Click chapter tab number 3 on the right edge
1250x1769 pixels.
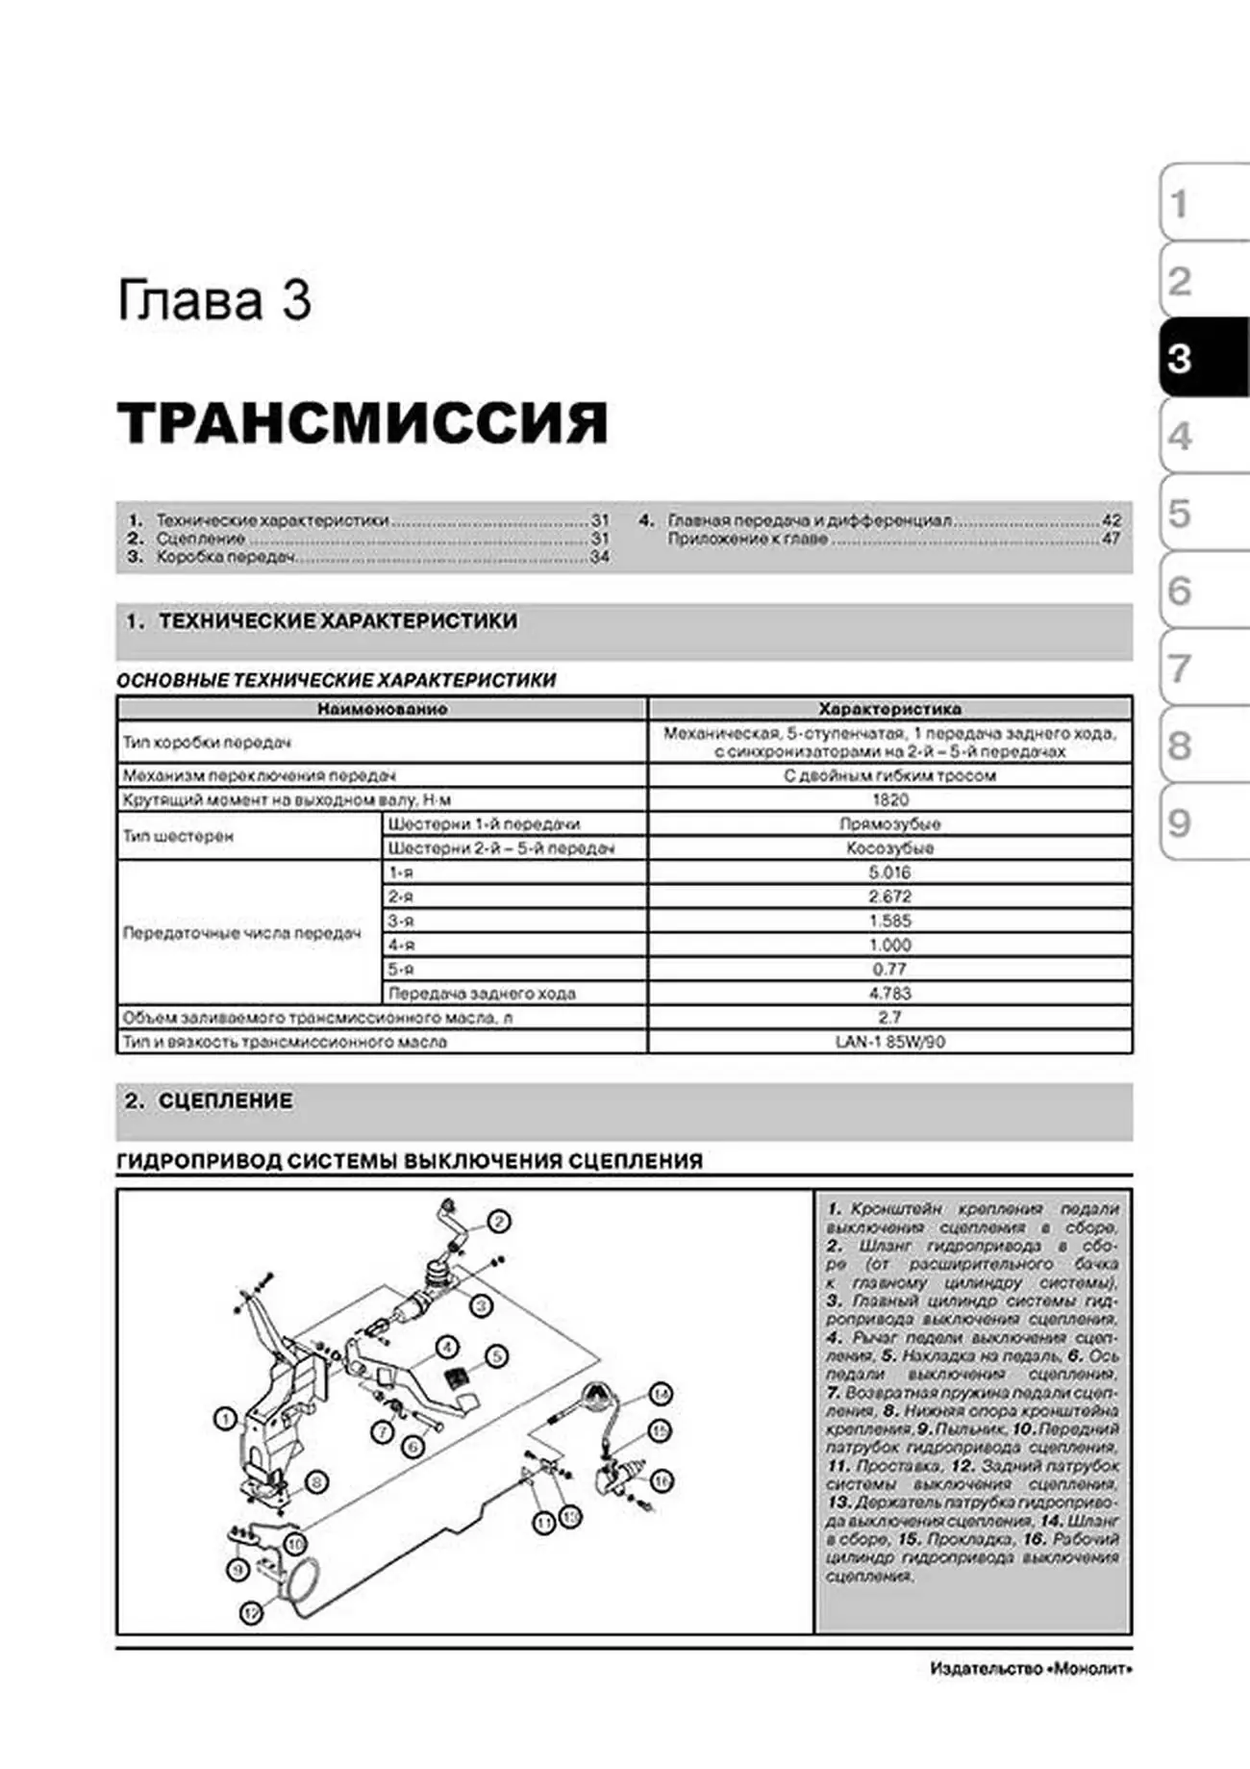(1181, 359)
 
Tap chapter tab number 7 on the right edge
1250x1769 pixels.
(1180, 668)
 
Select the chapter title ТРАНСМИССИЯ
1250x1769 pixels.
(362, 422)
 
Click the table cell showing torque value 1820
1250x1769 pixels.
(889, 799)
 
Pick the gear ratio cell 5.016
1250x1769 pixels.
(889, 872)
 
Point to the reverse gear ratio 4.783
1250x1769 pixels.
(889, 993)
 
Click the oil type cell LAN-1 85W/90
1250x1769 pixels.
(889, 1042)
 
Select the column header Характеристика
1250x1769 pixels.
(889, 709)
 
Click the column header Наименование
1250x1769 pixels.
(382, 709)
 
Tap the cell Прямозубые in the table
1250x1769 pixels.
(889, 824)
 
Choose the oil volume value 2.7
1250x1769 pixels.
(889, 1017)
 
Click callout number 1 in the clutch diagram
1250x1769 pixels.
(225, 1419)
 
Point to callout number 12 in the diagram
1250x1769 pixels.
(251, 1613)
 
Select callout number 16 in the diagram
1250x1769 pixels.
(662, 1480)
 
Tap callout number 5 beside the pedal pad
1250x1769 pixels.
(496, 1356)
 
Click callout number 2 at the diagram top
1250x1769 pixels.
(498, 1222)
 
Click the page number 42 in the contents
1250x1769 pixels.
(1111, 520)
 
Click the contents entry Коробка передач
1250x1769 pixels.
(226, 557)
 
